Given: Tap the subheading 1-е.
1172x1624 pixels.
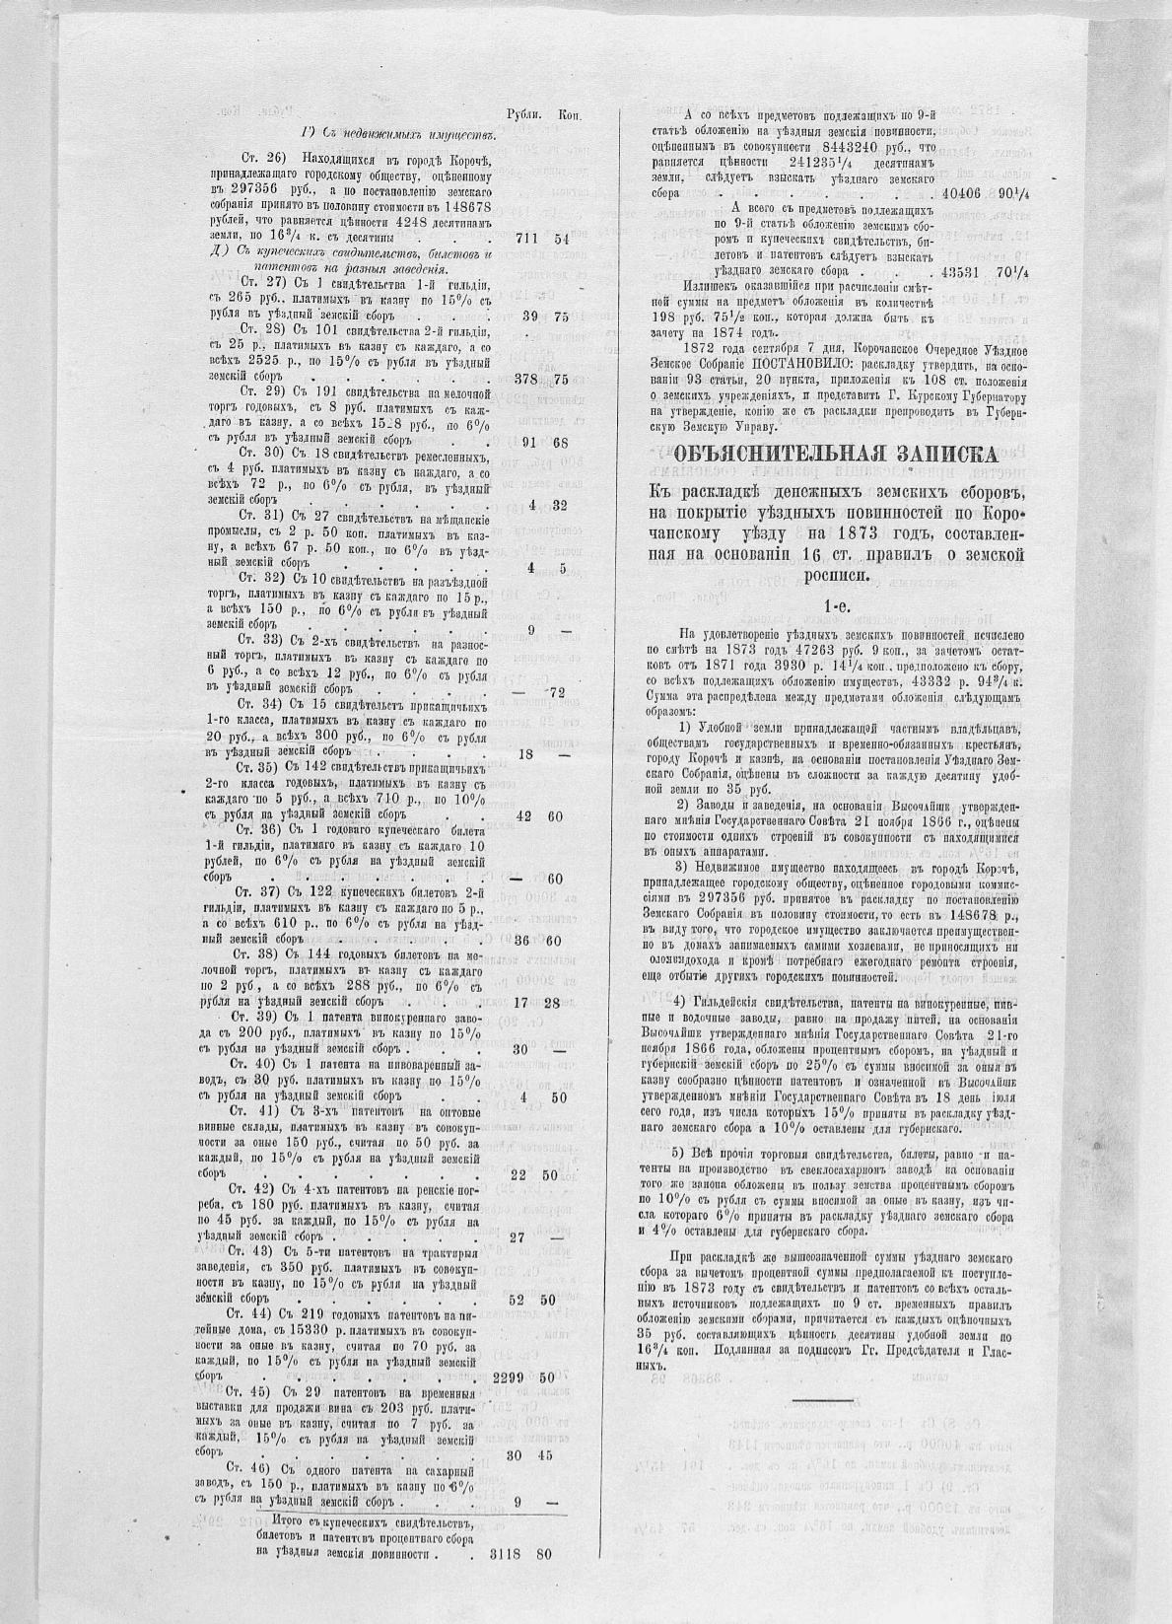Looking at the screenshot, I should (822, 604).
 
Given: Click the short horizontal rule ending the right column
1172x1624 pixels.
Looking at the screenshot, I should (822, 1399).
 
